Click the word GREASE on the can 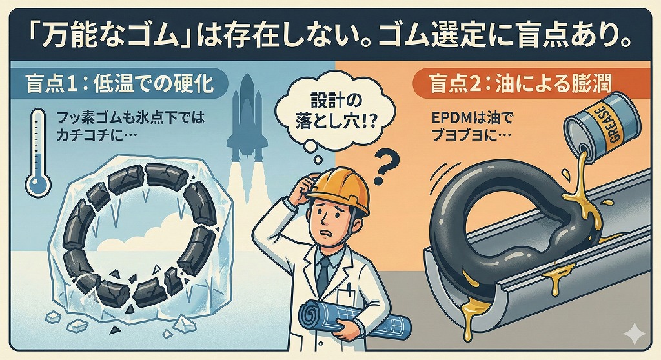click(614, 128)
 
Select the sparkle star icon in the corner click(635, 334)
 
